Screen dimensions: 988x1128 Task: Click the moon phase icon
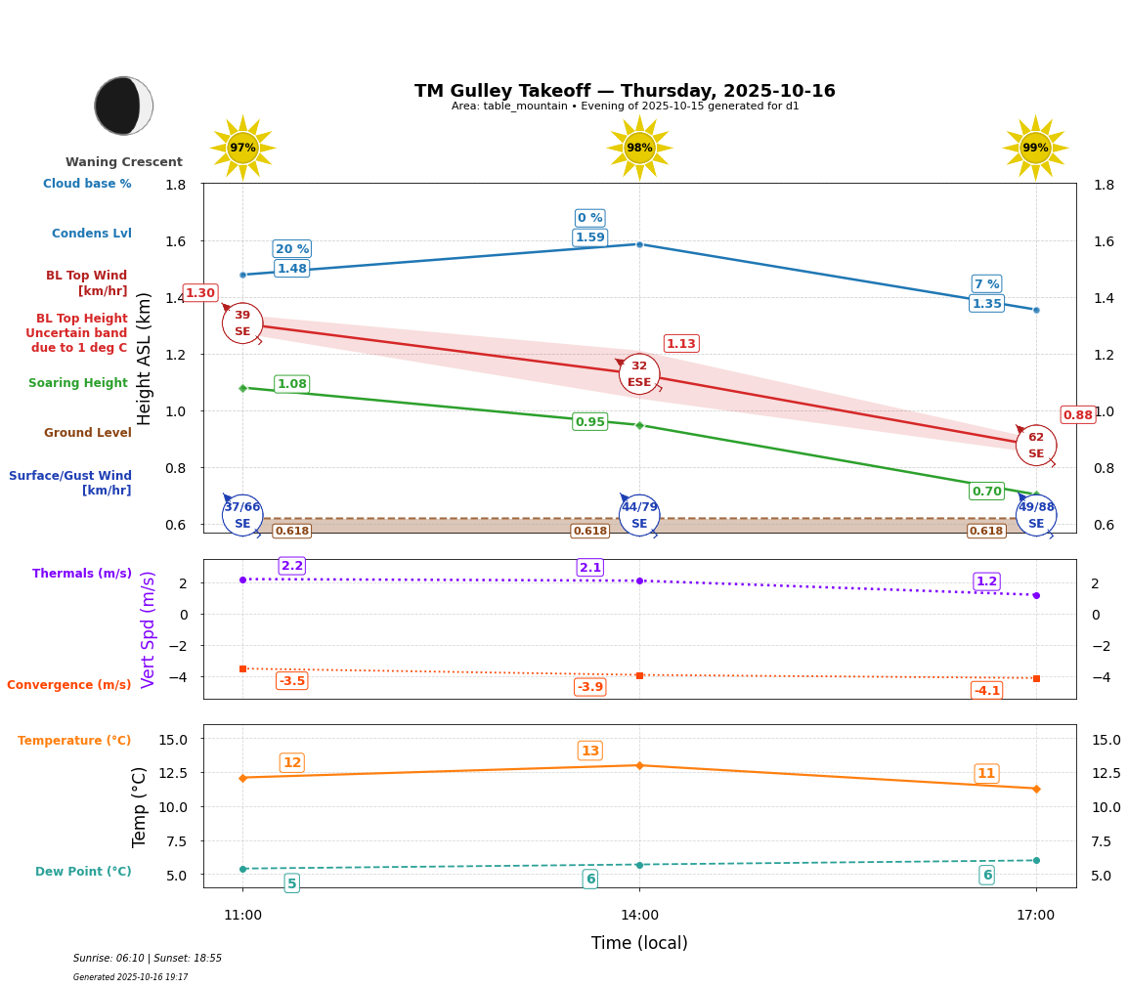click(x=123, y=106)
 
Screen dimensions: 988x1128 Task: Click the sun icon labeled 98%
click(x=639, y=148)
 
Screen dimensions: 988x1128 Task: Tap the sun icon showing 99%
click(x=1035, y=148)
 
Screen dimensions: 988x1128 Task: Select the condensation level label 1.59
click(x=589, y=237)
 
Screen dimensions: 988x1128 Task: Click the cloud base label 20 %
click(x=291, y=249)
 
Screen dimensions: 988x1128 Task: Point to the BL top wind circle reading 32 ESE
click(x=639, y=374)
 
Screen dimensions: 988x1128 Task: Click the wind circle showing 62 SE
click(x=1035, y=446)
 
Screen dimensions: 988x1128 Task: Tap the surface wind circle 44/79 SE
click(x=639, y=515)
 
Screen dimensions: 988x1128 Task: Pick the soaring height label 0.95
click(x=589, y=422)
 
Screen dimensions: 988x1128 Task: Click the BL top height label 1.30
click(x=200, y=293)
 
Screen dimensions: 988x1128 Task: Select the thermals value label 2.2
click(x=291, y=566)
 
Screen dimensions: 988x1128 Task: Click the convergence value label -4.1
click(x=986, y=691)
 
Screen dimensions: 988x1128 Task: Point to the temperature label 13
click(x=589, y=751)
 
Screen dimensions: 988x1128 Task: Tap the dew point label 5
click(x=291, y=883)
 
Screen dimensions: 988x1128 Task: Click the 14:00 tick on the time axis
click(x=639, y=915)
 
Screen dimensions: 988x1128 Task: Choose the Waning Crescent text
click(x=124, y=162)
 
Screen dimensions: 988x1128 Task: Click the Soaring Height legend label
click(x=78, y=383)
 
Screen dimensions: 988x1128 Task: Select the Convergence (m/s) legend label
click(x=69, y=685)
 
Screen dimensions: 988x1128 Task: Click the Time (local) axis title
click(x=639, y=943)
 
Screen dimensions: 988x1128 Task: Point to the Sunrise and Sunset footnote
click(x=148, y=959)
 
